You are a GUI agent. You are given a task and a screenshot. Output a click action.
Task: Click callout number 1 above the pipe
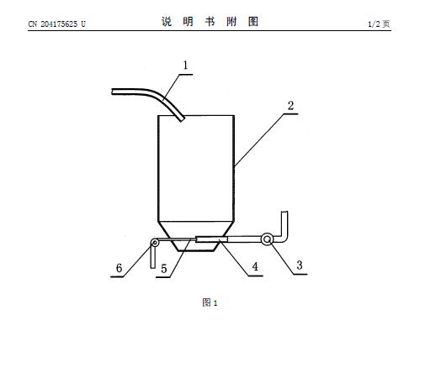coord(185,66)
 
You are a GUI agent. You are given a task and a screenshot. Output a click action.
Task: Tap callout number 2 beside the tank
coord(290,106)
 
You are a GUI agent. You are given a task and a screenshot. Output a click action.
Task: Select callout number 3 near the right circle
coord(300,265)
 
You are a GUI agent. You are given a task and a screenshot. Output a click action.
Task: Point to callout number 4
coord(255,266)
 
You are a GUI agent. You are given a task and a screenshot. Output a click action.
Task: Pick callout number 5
coord(164,269)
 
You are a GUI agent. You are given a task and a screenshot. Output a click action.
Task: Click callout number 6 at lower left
coord(120,268)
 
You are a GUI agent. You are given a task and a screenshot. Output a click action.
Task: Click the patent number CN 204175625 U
coord(57,24)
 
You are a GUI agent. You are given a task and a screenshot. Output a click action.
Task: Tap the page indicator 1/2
coord(374,24)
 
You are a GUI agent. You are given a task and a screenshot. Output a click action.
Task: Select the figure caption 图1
coord(210,302)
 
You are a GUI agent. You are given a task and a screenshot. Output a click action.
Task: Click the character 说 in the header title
coord(167,22)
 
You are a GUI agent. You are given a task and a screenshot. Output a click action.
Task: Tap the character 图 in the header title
coord(253,22)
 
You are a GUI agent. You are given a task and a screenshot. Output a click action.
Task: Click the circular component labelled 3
coord(267,239)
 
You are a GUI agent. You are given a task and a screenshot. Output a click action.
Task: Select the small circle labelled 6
coord(154,243)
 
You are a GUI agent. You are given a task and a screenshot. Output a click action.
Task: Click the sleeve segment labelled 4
coord(211,239)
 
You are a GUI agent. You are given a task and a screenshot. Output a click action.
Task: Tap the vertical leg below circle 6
coord(153,257)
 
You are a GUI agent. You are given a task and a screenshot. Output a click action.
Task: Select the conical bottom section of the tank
coord(196,236)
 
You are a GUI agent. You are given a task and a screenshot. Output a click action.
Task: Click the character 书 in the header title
coord(210,22)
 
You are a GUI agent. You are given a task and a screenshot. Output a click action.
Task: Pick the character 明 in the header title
coord(189,22)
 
